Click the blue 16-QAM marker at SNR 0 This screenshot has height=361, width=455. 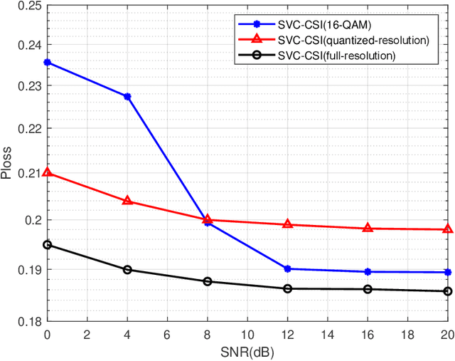click(47, 63)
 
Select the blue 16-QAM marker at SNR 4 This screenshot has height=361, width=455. click(127, 96)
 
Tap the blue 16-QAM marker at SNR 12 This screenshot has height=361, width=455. click(287, 268)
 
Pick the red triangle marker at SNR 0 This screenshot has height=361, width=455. click(47, 172)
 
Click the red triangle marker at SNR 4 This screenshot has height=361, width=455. click(127, 201)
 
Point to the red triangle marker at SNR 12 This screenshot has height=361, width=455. click(287, 224)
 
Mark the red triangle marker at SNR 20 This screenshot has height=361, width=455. click(448, 229)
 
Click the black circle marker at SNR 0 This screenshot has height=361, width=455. click(47, 245)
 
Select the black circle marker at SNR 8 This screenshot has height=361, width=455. click(208, 281)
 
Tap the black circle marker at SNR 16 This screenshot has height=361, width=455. click(368, 289)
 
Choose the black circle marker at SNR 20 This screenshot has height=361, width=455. click(448, 291)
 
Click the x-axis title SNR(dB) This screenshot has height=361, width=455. click(247, 352)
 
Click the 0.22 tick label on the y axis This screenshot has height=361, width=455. click(28, 129)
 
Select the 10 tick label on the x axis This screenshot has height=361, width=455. click(247, 334)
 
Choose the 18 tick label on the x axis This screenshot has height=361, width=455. click(407, 334)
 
